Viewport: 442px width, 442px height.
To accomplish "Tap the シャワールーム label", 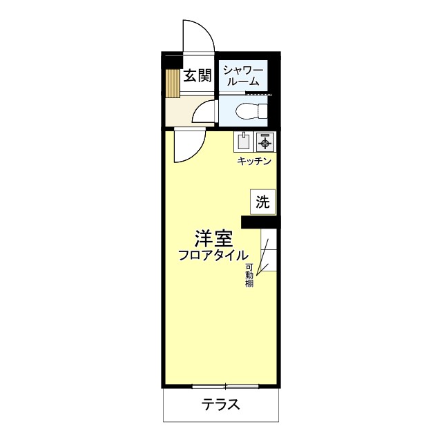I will tap(242, 75).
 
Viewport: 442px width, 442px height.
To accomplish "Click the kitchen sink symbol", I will tap(244, 142).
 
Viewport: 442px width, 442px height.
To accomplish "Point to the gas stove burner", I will tap(265, 142).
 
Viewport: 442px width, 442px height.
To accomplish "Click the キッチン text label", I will tap(254, 161).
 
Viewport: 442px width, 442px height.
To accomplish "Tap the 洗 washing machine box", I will tap(262, 202).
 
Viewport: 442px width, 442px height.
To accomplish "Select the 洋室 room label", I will tap(212, 239).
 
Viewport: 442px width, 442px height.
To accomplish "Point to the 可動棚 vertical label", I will tap(249, 276).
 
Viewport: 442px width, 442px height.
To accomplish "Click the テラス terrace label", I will tap(221, 405).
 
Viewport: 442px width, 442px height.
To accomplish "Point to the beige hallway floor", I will tap(181, 110).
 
